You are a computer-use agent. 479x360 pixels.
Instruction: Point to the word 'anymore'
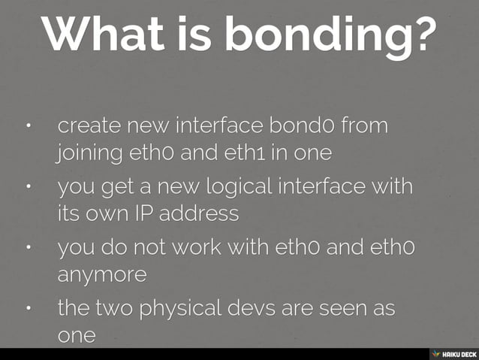(102, 276)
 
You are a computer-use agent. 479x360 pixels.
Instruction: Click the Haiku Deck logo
(453, 354)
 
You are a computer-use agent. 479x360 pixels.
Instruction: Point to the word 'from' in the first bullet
(365, 126)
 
